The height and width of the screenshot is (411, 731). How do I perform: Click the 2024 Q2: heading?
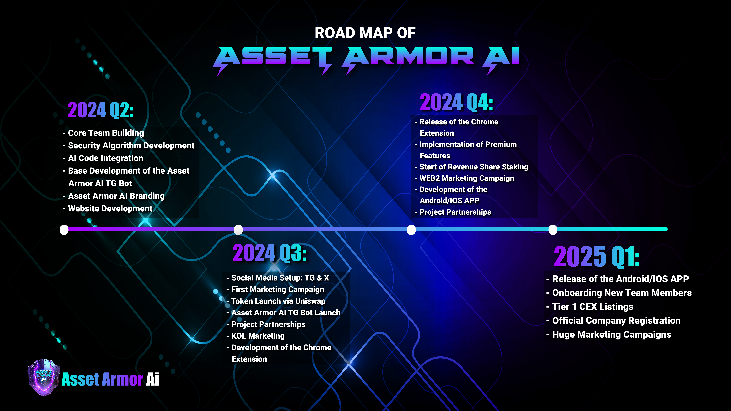pyautogui.click(x=101, y=110)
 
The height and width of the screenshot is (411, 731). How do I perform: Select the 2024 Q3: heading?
pyautogui.click(x=270, y=253)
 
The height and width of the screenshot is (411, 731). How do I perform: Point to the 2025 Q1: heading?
pyautogui.click(x=597, y=257)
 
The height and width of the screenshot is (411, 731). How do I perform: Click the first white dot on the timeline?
pyautogui.click(x=64, y=230)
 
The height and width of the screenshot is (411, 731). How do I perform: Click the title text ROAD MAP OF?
pyautogui.click(x=365, y=33)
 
